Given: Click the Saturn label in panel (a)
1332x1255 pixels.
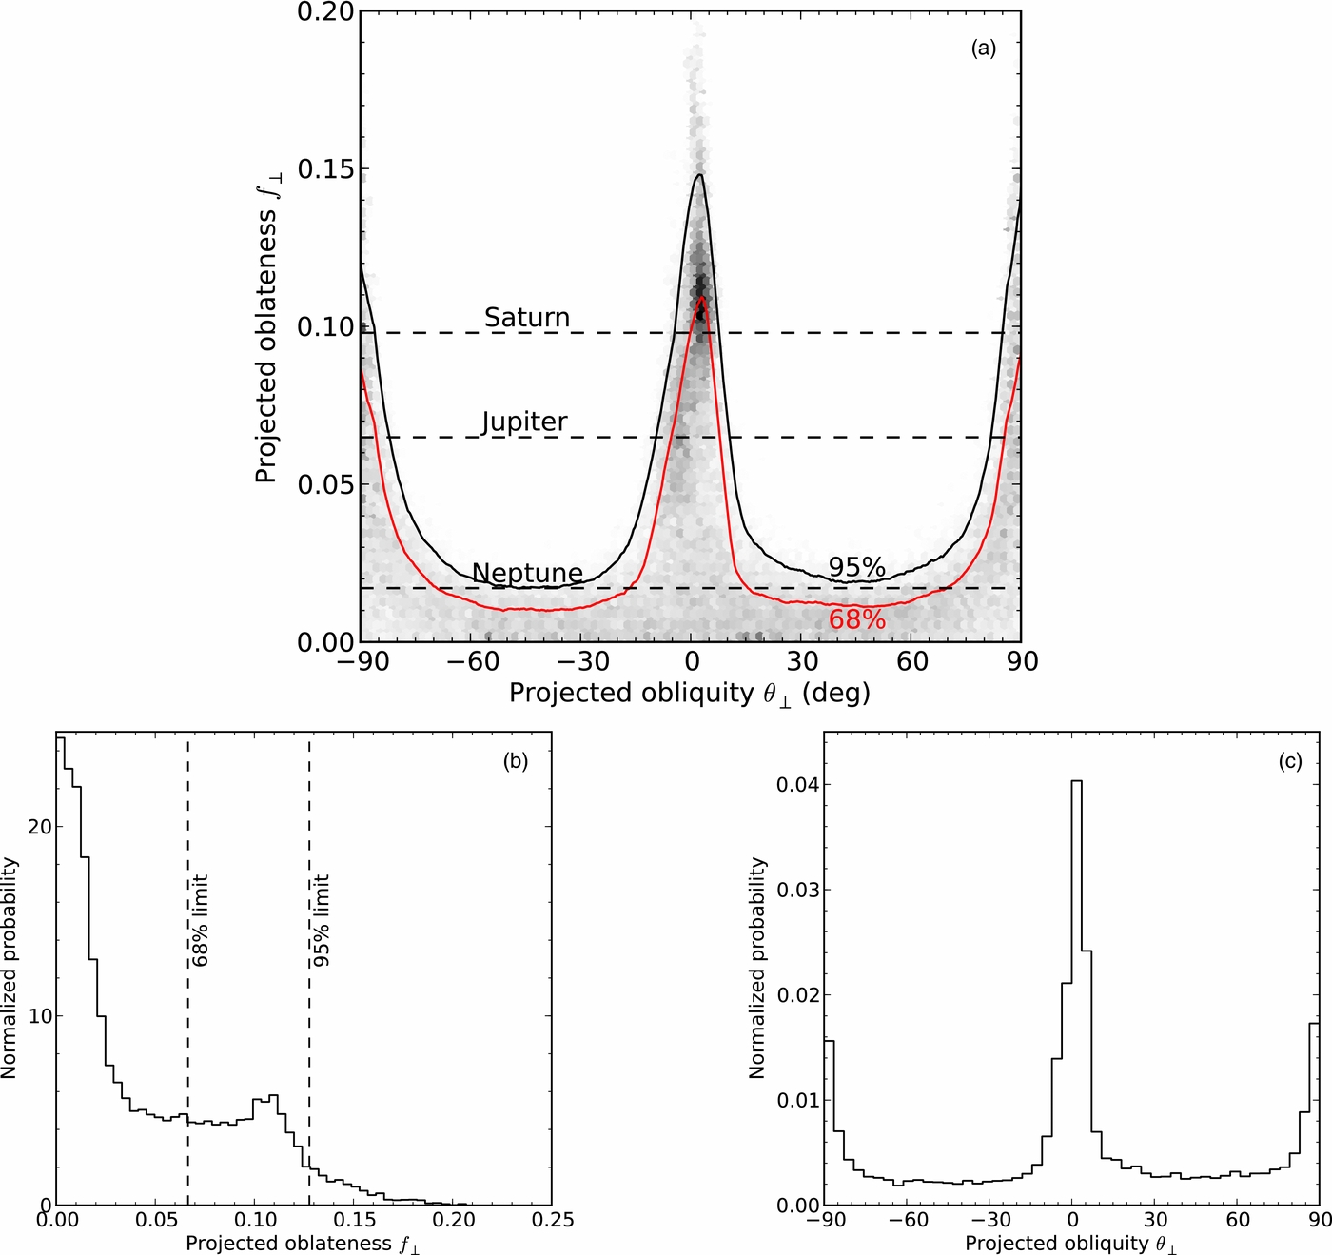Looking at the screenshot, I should [x=526, y=318].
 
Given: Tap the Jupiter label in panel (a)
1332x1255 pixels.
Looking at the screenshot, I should [x=524, y=422].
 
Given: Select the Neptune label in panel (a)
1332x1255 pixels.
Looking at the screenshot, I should [x=527, y=573].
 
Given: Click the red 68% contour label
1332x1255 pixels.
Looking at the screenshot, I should [x=856, y=620].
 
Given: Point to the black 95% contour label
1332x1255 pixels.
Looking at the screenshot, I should [x=856, y=567].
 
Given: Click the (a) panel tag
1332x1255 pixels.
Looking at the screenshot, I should [x=983, y=49].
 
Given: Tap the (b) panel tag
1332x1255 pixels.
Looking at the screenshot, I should [x=515, y=761].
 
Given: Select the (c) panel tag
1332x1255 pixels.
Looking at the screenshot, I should [x=1289, y=761].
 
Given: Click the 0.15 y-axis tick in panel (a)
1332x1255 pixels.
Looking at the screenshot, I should [x=325, y=169].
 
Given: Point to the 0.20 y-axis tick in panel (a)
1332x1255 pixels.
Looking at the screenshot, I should [x=325, y=12].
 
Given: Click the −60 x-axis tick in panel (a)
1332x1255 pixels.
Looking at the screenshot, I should [x=471, y=661].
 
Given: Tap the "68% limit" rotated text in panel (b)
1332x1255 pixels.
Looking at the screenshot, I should [x=200, y=921].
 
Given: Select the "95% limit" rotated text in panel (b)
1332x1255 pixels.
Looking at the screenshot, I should [x=322, y=921].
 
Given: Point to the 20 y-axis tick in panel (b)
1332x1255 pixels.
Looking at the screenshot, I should [x=39, y=827].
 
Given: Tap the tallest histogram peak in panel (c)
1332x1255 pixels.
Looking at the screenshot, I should [x=1076, y=781].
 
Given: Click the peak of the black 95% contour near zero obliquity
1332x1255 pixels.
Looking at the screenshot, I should [x=699, y=175].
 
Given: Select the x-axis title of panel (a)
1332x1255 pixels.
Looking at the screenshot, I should [x=690, y=693].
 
